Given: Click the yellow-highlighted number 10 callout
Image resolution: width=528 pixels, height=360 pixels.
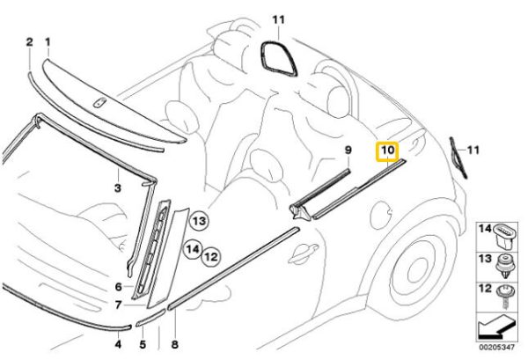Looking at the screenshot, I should click(x=388, y=152).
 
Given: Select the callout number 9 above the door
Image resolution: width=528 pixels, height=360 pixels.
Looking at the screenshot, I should click(x=347, y=151).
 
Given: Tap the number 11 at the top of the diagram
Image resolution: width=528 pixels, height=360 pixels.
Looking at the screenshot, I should click(x=279, y=19).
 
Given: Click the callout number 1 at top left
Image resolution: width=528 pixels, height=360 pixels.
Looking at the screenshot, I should click(x=48, y=41).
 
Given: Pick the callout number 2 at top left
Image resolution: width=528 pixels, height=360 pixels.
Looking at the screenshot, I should click(x=29, y=41).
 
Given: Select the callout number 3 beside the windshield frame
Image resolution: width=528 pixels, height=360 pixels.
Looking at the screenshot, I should click(x=116, y=187).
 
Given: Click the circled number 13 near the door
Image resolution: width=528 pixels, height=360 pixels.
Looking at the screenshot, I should click(x=199, y=220).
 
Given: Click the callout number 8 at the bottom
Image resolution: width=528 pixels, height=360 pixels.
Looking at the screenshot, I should click(x=173, y=345).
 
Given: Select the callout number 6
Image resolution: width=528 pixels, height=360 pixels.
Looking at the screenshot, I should click(x=117, y=287).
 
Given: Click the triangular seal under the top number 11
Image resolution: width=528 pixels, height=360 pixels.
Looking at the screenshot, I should click(x=277, y=56).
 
